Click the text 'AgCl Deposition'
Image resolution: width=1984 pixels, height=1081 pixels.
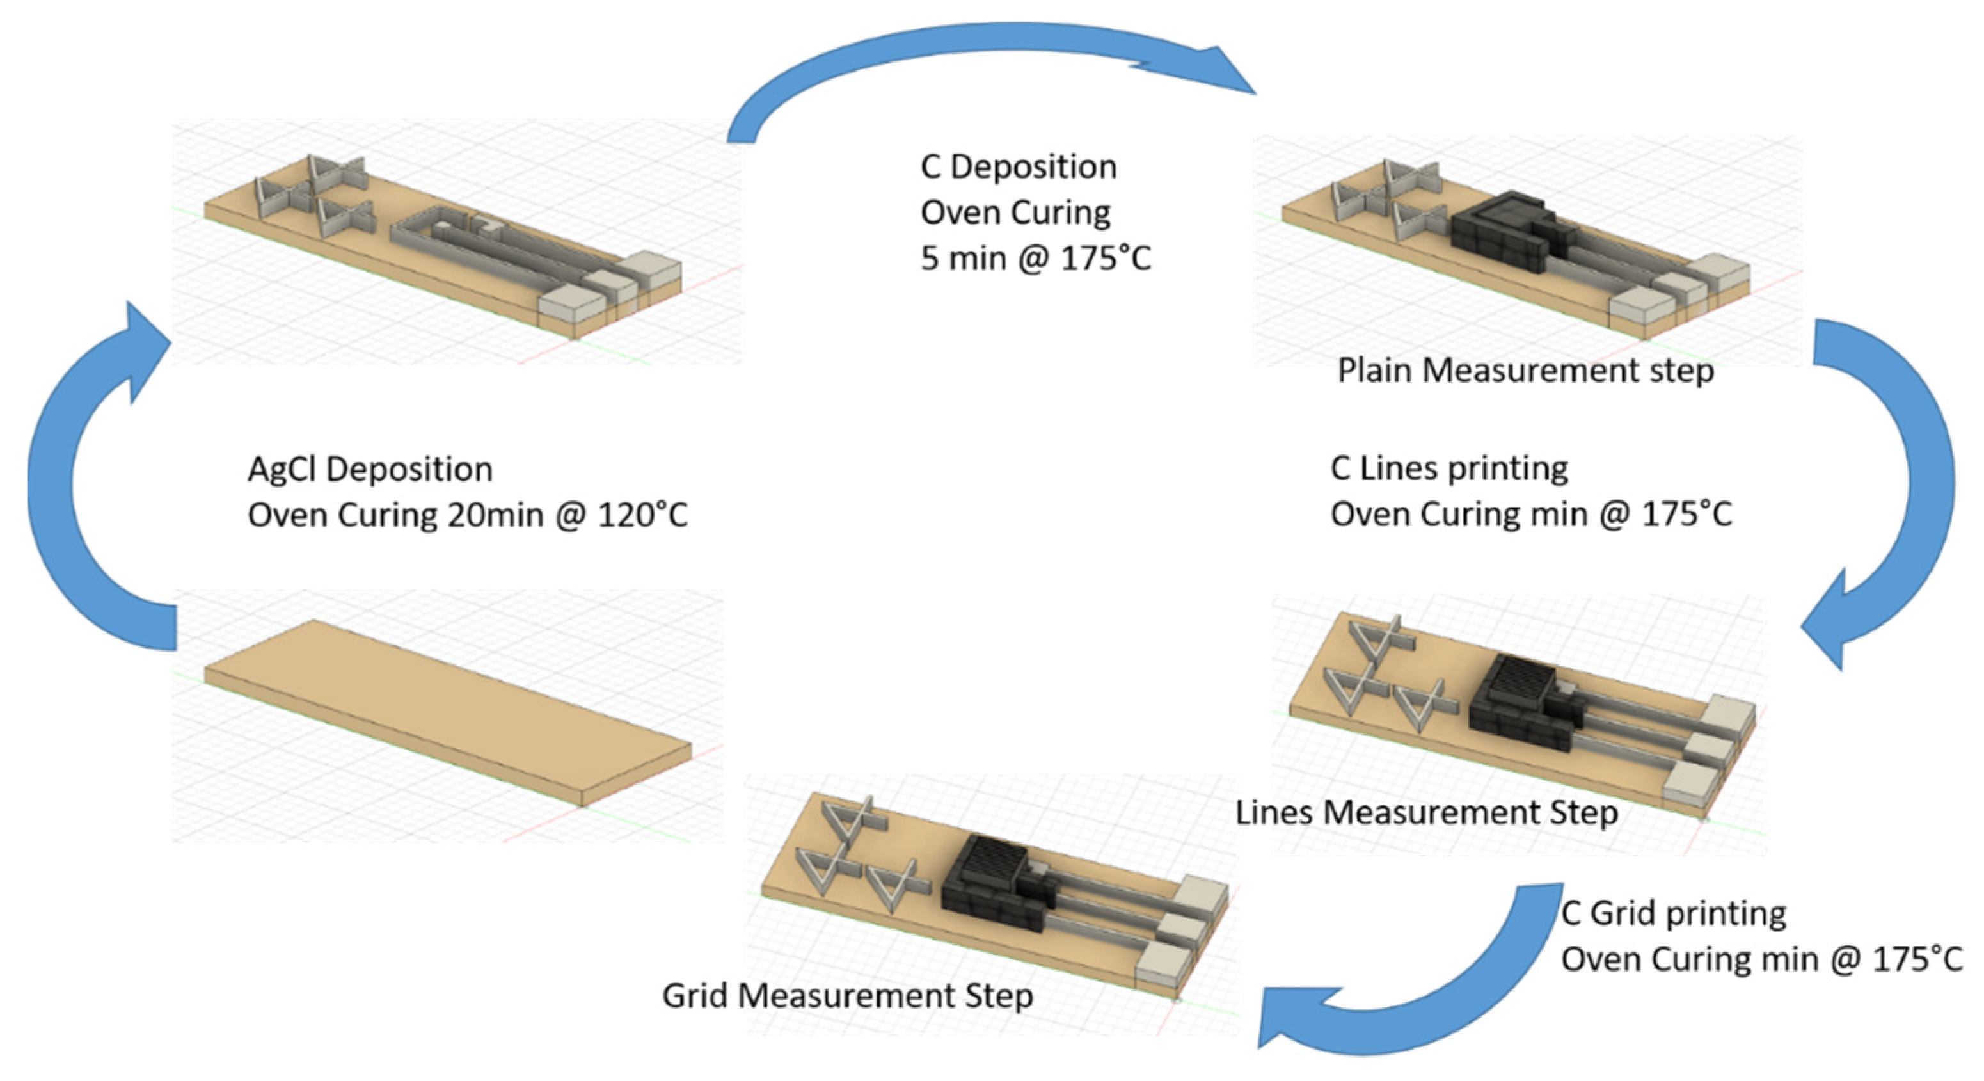point(370,470)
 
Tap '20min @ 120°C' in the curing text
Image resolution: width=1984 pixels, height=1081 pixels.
point(567,515)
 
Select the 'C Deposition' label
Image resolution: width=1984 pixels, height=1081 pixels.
point(1018,167)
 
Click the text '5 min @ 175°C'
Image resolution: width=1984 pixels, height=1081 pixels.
point(1035,258)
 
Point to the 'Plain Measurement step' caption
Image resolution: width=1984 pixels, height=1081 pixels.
point(1525,371)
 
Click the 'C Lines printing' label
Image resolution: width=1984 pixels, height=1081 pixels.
point(1448,468)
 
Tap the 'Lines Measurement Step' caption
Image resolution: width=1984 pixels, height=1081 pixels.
point(1426,813)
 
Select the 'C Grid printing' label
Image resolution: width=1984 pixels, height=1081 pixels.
point(1673,914)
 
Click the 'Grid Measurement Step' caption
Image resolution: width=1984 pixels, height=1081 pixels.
point(847,995)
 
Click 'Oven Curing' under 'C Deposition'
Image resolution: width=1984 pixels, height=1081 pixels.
point(1015,212)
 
